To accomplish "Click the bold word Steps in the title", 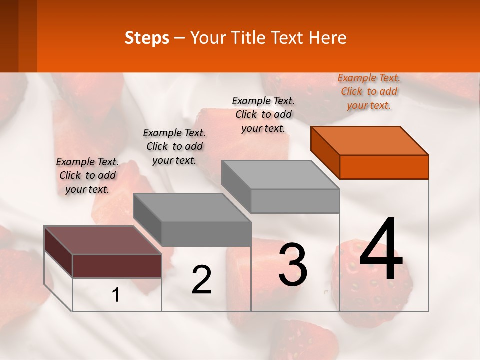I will [147, 38].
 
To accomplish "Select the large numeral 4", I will [381, 250].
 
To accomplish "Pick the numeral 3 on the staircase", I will [293, 265].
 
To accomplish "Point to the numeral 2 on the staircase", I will [201, 280].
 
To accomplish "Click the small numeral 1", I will [116, 295].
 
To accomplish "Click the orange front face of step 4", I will [384, 167].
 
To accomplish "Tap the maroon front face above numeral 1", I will [117, 266].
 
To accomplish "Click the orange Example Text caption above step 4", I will [369, 91].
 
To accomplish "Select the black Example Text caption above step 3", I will [263, 114].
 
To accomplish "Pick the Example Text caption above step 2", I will [174, 146].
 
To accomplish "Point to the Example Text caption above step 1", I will [87, 175].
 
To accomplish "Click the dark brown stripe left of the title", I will [9, 36].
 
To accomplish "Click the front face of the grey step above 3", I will [295, 201].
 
